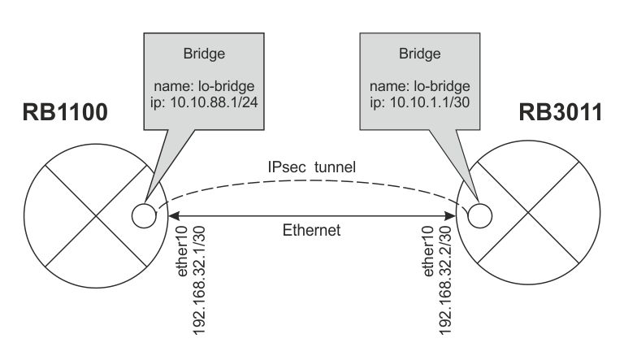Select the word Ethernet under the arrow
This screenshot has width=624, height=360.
coord(311,231)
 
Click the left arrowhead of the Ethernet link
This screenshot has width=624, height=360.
coord(172,216)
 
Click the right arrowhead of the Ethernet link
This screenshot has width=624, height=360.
coord(451,216)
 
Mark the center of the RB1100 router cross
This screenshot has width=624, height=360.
coord(97,216)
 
